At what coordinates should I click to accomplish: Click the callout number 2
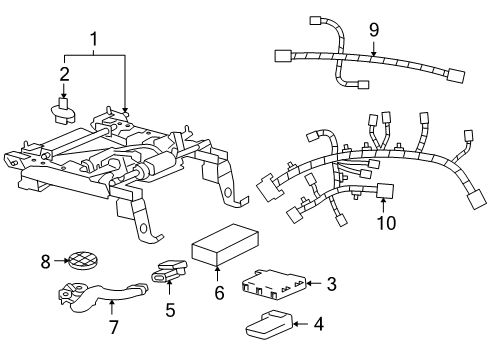64,75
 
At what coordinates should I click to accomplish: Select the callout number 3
331,285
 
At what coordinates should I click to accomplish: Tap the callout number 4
319,324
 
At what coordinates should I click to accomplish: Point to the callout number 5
170,310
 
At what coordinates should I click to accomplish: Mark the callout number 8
44,263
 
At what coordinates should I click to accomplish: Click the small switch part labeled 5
171,271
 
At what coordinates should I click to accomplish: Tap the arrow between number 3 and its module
314,285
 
